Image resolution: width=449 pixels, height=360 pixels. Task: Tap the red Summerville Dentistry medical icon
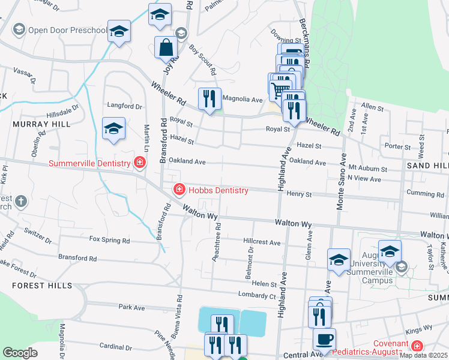pos(140,163)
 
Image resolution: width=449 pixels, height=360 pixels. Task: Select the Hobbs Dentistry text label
pos(218,190)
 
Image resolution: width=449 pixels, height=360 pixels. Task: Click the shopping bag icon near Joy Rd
pos(166,47)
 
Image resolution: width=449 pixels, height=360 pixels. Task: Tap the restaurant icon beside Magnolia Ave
pos(209,99)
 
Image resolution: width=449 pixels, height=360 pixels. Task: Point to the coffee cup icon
pos(325,338)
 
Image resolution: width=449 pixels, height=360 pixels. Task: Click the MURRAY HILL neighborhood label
pos(41,124)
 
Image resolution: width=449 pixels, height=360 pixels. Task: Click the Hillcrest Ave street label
pos(262,242)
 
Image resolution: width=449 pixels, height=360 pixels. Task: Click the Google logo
pos(20,353)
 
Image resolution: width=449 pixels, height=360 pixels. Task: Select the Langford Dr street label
pos(124,106)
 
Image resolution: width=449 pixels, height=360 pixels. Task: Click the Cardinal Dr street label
pos(112,346)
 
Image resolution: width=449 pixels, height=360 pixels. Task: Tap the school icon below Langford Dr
pos(113,129)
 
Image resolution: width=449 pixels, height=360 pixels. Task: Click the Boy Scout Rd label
pos(202,59)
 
